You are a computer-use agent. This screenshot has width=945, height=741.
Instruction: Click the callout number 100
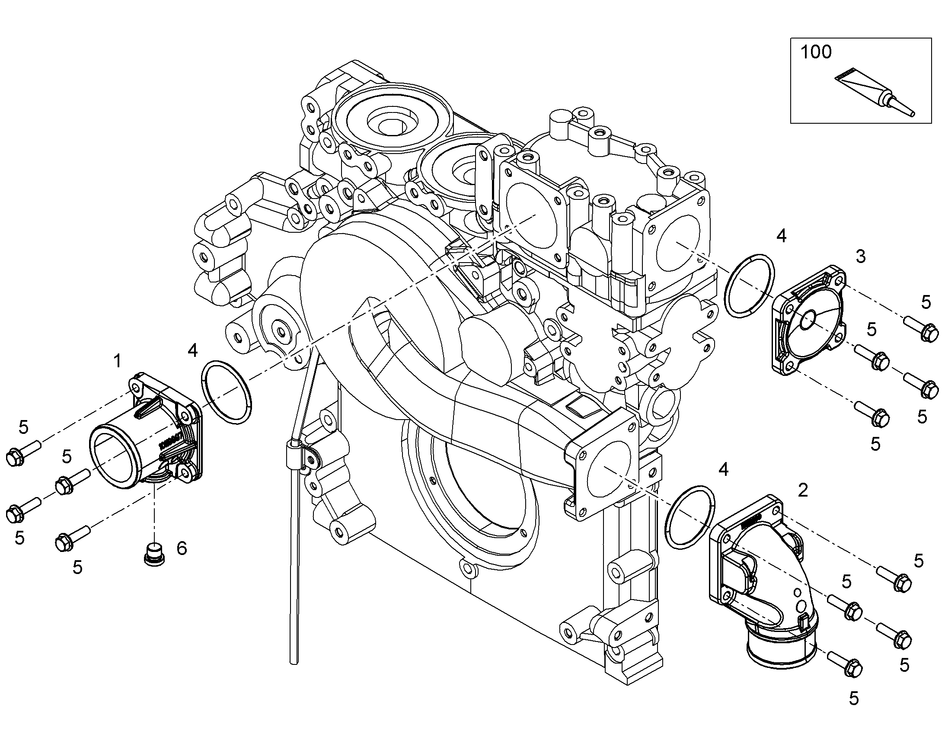coord(816,52)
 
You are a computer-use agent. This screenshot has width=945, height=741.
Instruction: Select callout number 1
coord(117,361)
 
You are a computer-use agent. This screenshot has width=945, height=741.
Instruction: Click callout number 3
coord(860,257)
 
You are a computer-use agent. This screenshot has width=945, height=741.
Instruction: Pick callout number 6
coord(182,549)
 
